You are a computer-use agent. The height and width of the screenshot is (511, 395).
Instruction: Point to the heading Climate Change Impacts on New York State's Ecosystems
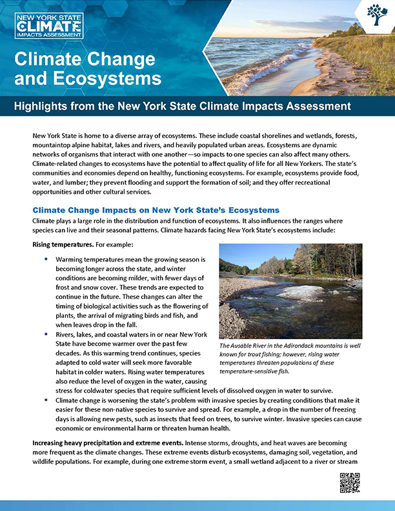tap(156, 210)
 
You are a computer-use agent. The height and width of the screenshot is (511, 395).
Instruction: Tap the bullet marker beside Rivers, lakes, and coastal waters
tap(47, 335)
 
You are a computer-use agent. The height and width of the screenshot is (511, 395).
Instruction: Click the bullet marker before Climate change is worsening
tap(47, 401)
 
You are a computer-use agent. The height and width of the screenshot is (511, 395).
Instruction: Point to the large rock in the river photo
tap(300, 292)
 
